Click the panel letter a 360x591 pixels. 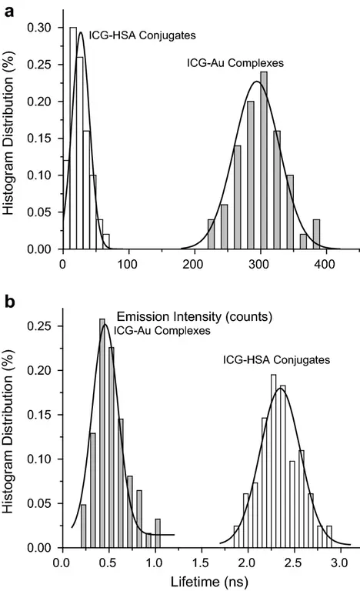pyautogui.click(x=8, y=8)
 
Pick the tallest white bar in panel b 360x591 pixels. pyautogui.click(x=273, y=461)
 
